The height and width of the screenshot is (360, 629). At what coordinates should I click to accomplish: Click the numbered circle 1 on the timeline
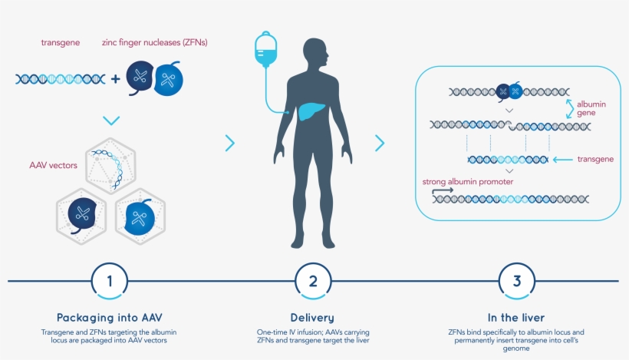pos(109,281)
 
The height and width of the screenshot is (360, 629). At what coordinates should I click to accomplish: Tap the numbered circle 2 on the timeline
pos(313,281)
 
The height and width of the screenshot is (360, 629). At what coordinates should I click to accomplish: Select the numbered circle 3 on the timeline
pos(516,281)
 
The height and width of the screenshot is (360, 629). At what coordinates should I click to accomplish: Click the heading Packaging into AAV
pos(110,317)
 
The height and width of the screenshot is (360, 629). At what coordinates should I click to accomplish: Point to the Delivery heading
pos(313,317)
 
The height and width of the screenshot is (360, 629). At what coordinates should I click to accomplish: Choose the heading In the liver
pos(516,317)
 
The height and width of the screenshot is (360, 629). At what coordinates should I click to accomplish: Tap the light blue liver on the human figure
pos(308,111)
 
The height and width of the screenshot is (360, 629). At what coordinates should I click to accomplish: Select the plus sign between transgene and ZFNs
pos(115,78)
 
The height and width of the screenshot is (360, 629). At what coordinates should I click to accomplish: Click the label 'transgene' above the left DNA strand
pos(61,42)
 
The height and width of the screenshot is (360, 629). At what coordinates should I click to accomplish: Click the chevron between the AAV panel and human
pos(229,142)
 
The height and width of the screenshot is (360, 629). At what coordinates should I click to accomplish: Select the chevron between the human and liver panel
pos(379,142)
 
